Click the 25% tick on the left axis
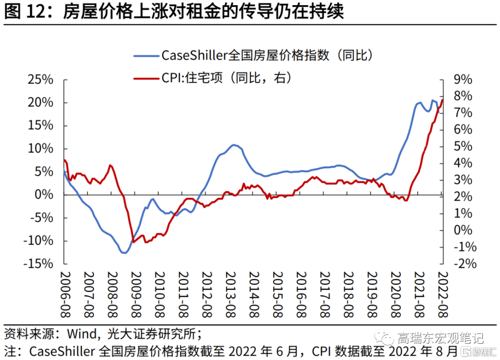(x=41, y=80)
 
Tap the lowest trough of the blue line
(x=124, y=253)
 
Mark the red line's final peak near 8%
(x=442, y=100)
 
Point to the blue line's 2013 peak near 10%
(x=235, y=145)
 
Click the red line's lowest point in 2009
(x=134, y=242)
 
